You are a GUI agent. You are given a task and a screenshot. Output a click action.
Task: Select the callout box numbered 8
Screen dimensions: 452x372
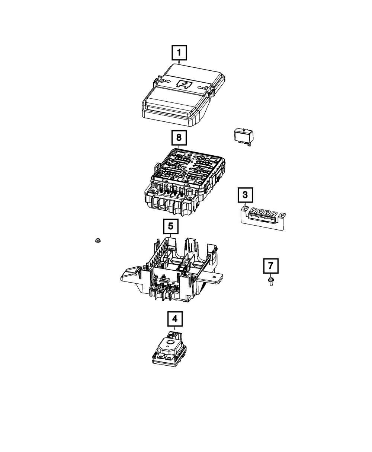tap(179, 137)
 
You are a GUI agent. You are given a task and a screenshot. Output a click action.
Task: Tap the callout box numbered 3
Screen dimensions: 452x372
tap(245, 194)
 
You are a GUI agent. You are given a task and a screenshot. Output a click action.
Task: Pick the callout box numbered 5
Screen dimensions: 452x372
tap(170, 226)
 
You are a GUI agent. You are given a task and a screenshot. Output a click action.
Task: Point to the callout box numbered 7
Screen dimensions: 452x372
tap(271, 266)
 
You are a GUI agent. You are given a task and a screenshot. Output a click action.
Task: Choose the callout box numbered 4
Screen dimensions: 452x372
tap(174, 319)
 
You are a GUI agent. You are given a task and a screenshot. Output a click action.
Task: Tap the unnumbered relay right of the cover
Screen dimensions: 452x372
tap(245, 136)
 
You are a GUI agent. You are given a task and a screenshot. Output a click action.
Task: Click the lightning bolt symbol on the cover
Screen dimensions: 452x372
tap(184, 85)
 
